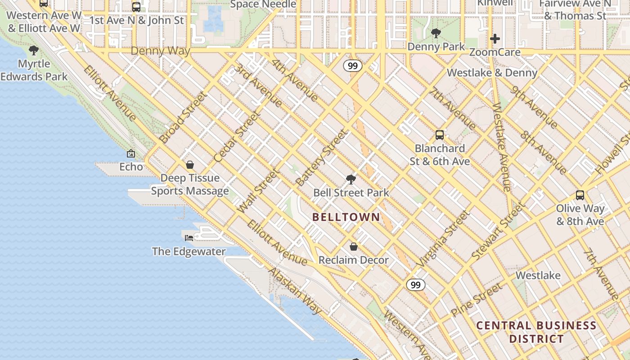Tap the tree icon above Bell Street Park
[x=351, y=180]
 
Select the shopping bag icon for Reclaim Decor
[x=354, y=247]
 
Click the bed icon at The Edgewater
[x=189, y=238]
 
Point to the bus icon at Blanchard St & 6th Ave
[x=440, y=135]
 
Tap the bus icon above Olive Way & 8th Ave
[x=580, y=195]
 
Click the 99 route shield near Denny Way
[x=353, y=66]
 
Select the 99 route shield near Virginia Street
[x=415, y=285]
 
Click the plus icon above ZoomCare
[x=495, y=39]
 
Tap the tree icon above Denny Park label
[x=436, y=33]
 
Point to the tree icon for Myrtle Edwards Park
[x=34, y=50]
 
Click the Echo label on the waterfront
[x=131, y=167]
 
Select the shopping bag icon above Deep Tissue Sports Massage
[x=190, y=165]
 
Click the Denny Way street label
[x=160, y=51]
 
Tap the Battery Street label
[x=322, y=158]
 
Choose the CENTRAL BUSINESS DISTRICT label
[x=536, y=332]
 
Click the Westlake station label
[x=538, y=275]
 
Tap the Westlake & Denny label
[x=492, y=73]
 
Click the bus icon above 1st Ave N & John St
[x=136, y=7]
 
